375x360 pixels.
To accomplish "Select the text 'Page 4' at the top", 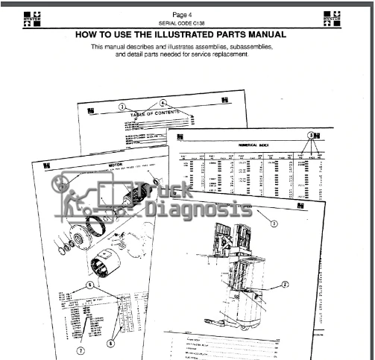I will [182, 14].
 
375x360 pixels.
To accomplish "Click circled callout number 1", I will [121, 107].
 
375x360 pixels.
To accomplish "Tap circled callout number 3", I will [274, 223].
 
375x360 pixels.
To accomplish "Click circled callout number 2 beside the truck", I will [284, 284].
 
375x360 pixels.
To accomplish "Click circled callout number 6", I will [110, 344].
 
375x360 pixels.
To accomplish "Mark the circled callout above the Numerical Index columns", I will [312, 135].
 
